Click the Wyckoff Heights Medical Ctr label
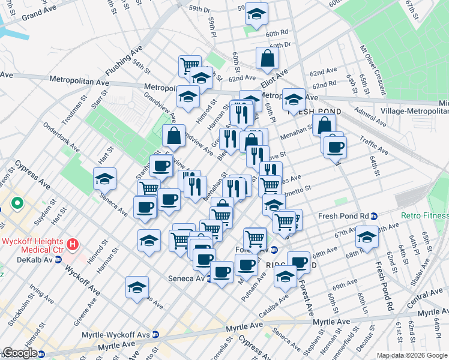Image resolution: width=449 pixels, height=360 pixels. tap(34, 245)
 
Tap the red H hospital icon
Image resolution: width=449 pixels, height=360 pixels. tap(73, 245)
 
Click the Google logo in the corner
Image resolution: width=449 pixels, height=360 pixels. tap(19, 353)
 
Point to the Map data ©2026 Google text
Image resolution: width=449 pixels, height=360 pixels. tap(412, 355)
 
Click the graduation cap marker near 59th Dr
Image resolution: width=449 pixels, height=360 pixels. tap(256, 16)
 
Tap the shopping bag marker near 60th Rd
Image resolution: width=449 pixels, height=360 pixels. tap(267, 58)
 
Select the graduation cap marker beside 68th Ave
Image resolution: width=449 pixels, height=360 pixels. tap(366, 236)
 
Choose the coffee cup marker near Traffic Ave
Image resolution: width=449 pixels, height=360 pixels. tap(335, 147)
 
